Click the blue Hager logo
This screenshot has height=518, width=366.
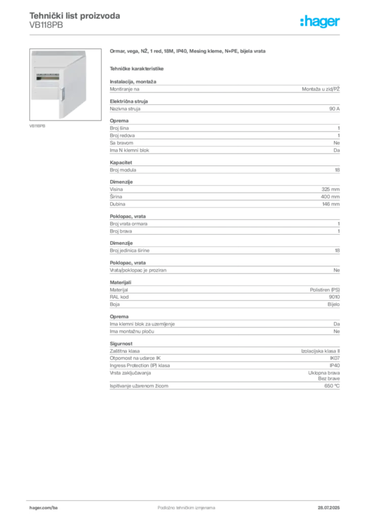pyautogui.click(x=320, y=22)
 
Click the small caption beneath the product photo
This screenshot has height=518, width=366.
pyautogui.click(x=38, y=125)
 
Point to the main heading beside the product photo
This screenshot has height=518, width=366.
pyautogui.click(x=188, y=52)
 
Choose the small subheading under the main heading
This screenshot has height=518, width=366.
pyautogui.click(x=137, y=67)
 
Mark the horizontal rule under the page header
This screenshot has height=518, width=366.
pyautogui.click(x=186, y=33)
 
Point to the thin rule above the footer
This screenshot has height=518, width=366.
pyautogui.click(x=186, y=499)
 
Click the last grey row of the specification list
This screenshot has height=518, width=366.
pyautogui.click(x=224, y=387)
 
